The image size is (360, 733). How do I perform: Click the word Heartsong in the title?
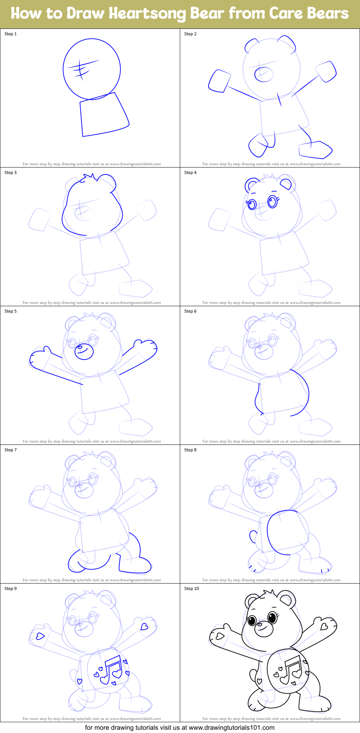point(148,14)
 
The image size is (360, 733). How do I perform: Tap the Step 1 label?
point(10,34)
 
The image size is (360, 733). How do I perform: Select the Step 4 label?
point(190,173)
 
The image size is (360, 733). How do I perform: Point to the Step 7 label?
point(10,450)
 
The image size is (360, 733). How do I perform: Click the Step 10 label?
point(191,589)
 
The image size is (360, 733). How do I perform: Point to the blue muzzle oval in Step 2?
point(264,74)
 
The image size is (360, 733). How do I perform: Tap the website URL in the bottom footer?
point(232,728)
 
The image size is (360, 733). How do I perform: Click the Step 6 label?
point(190,311)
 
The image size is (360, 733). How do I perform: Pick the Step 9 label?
point(10,589)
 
